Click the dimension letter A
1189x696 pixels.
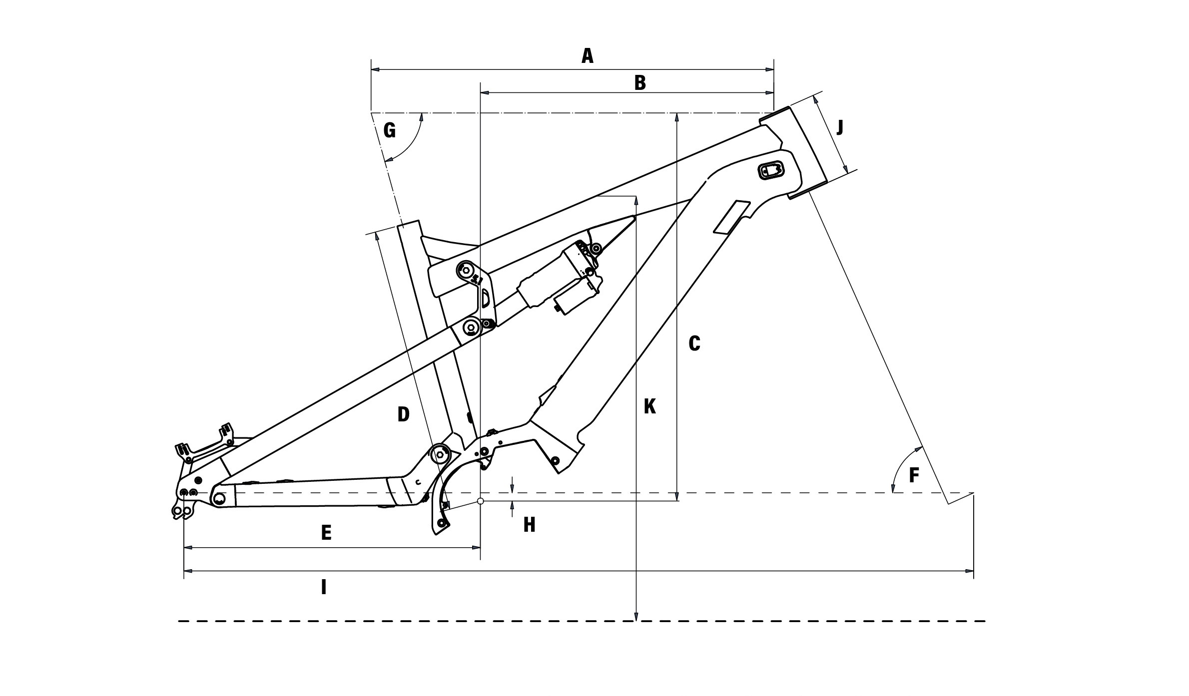pyautogui.click(x=588, y=56)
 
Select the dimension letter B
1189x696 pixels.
pyautogui.click(x=640, y=83)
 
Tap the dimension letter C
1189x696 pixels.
pyautogui.click(x=694, y=344)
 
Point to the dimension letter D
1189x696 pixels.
pyautogui.click(x=403, y=414)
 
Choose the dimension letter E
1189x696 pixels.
pyautogui.click(x=326, y=533)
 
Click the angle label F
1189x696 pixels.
pyautogui.click(x=914, y=476)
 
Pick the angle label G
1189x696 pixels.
pyautogui.click(x=389, y=131)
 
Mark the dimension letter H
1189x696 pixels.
pyautogui.click(x=529, y=525)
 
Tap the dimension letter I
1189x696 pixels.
pyautogui.click(x=324, y=587)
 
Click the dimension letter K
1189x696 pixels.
pyautogui.click(x=649, y=406)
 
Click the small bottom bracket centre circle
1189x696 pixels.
pyautogui.click(x=480, y=501)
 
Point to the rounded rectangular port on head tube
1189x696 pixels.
pyautogui.click(x=771, y=170)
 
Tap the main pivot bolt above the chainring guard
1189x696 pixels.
pyautogui.click(x=440, y=453)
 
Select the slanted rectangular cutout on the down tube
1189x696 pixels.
pyautogui.click(x=732, y=217)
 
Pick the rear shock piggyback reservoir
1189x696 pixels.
pyautogui.click(x=576, y=297)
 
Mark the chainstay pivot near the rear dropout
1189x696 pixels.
pyautogui.click(x=219, y=497)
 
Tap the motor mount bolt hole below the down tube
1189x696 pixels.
pyautogui.click(x=554, y=459)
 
